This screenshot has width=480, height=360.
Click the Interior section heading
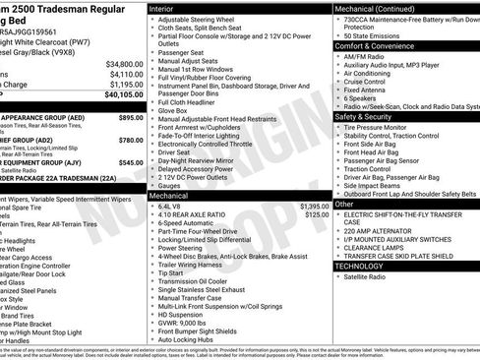pyautogui.click(x=162, y=8)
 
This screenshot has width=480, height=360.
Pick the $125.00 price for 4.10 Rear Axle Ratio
pyautogui.click(x=316, y=214)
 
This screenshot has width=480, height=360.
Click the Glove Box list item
pyautogui.click(x=174, y=110)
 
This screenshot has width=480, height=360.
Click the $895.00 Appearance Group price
pyautogui.click(x=131, y=116)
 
